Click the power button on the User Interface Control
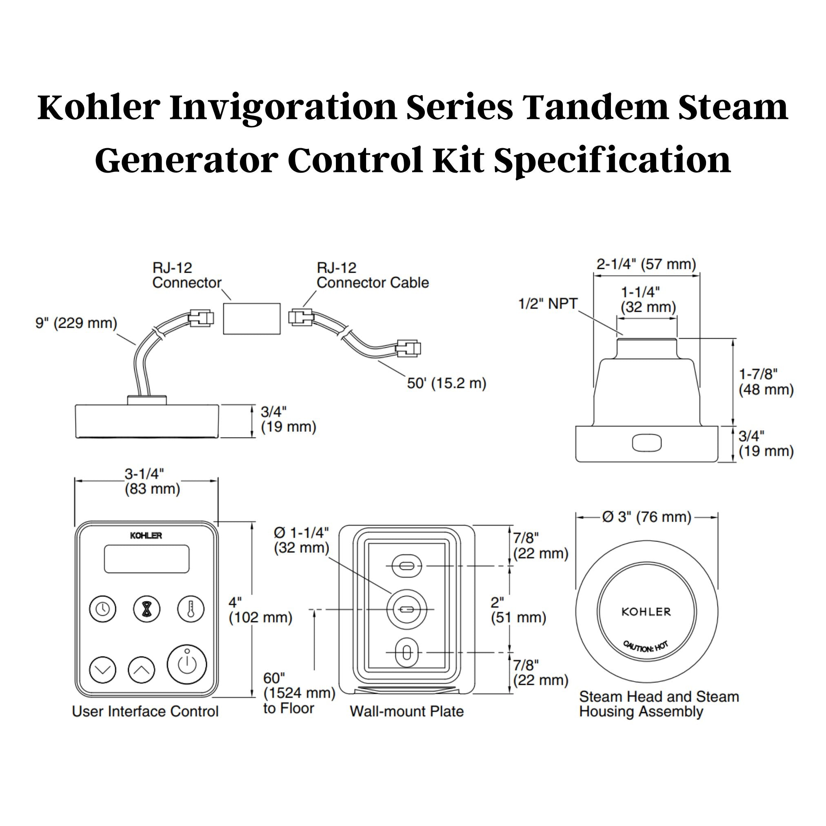click(187, 664)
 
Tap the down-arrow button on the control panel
click(102, 670)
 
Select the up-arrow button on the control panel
click(141, 670)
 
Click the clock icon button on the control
click(102, 609)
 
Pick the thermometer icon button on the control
click(191, 609)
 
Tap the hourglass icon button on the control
click(147, 609)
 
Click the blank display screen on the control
click(147, 559)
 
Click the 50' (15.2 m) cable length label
click(446, 384)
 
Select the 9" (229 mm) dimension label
click(76, 323)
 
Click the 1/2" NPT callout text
click(548, 304)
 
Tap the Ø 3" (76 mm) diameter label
click(646, 517)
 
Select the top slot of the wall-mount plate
click(406, 566)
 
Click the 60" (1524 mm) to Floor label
click(298, 693)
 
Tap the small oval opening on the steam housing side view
click(646, 443)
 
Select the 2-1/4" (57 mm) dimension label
click(646, 264)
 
